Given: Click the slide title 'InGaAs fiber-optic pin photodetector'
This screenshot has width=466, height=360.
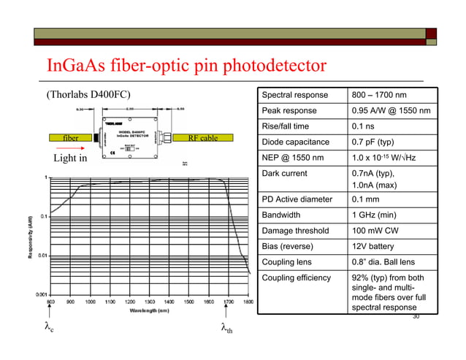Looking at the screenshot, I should [x=186, y=66].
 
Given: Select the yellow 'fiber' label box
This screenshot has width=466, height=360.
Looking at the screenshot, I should [x=71, y=138].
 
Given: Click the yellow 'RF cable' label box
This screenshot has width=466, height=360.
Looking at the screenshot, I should [x=203, y=138].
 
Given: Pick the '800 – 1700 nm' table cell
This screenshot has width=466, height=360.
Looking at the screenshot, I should [x=379, y=95].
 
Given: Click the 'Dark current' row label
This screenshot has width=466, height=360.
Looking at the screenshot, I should [x=285, y=174].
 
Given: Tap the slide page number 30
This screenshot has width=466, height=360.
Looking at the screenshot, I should [x=416, y=317].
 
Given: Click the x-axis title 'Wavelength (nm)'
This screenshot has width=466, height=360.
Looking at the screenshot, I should [x=146, y=310].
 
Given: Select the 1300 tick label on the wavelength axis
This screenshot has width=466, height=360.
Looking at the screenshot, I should [x=150, y=301].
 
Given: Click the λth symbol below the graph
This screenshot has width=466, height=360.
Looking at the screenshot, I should [x=226, y=329].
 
